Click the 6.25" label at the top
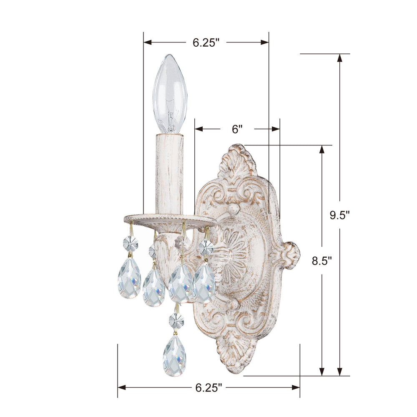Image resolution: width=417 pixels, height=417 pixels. click(x=206, y=43)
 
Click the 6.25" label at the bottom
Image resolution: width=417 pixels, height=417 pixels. click(x=208, y=388)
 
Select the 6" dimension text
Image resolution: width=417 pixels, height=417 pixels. click(x=237, y=129)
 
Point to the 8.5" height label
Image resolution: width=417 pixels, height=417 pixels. click(x=322, y=261)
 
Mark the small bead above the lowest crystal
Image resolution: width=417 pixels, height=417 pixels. click(x=176, y=321)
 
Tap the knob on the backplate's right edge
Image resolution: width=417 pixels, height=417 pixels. click(x=290, y=255)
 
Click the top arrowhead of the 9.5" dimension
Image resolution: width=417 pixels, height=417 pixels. click(x=340, y=58)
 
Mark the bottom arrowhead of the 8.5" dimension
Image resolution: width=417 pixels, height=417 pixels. click(x=322, y=371)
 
